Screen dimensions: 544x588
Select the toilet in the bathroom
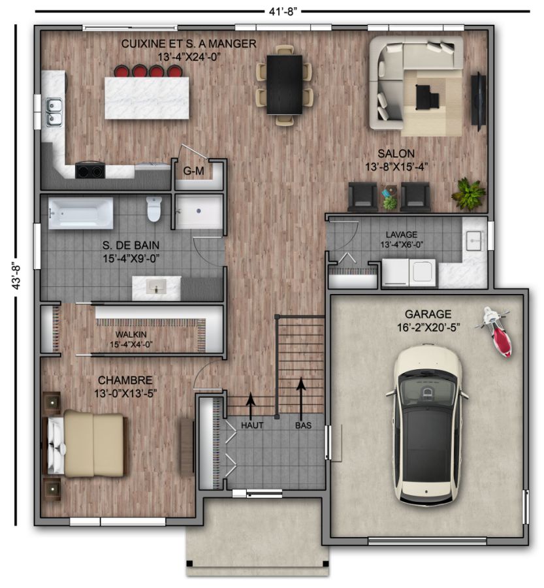tap(153, 208)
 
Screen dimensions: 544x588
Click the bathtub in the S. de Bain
tap(80, 213)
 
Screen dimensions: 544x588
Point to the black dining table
tap(284, 84)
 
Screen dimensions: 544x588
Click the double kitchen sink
tap(54, 112)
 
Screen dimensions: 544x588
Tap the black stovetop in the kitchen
tap(90, 171)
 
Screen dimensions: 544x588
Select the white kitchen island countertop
tap(146, 98)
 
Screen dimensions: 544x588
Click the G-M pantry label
tap(193, 171)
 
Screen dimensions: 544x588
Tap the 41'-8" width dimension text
tap(283, 12)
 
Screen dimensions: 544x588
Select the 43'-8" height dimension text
tap(16, 275)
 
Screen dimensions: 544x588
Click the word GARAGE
tap(428, 314)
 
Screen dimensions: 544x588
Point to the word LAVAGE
tap(401, 235)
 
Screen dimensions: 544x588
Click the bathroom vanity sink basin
tap(156, 288)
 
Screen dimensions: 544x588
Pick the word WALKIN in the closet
tap(131, 335)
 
